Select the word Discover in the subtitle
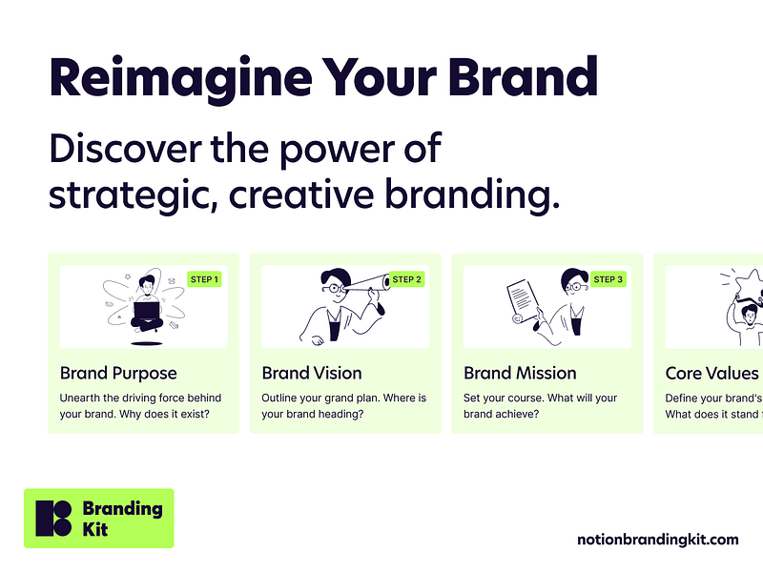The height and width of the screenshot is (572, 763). (123, 150)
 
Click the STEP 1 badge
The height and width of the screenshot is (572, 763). (204, 279)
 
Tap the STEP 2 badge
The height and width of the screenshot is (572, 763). (406, 279)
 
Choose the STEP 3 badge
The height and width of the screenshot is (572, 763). (608, 279)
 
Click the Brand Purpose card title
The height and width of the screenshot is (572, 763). (118, 373)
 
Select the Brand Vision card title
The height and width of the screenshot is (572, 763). (312, 373)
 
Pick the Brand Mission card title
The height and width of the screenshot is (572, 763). (520, 373)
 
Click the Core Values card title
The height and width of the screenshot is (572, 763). (711, 373)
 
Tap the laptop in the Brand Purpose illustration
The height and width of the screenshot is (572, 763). (146, 310)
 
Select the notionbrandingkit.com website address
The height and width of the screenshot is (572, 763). (657, 540)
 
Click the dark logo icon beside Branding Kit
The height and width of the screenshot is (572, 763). (53, 518)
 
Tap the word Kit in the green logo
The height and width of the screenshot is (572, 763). (95, 529)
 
